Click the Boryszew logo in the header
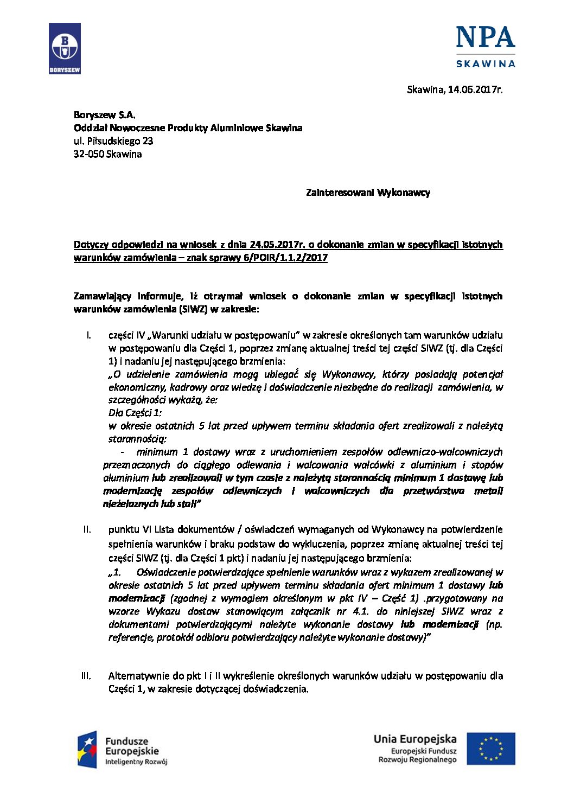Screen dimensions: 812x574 coord(65,48)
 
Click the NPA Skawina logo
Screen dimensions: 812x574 coord(485,47)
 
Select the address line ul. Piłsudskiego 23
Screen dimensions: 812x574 coord(113,141)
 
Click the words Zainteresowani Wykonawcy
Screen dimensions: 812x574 coord(368,193)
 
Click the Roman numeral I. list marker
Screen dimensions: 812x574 coord(88,335)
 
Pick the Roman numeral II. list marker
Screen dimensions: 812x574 coord(87,529)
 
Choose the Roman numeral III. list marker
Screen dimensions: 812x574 coord(86,676)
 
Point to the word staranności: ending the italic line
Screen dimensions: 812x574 coord(137,439)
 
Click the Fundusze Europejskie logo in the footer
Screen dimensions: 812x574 coord(123,749)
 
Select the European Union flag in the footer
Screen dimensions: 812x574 coord(490,749)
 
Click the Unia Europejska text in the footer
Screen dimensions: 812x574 coord(414,739)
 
